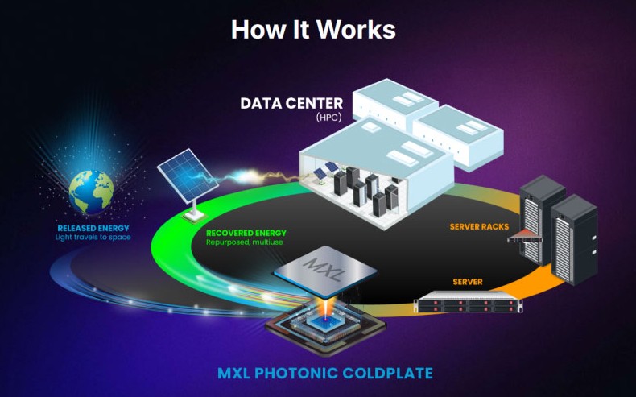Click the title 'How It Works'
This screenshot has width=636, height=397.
coord(313,29)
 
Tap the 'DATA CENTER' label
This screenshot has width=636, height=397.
coord(291,103)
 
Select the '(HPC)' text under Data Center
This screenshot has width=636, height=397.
coord(328,118)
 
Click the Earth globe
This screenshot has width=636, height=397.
coord(91,192)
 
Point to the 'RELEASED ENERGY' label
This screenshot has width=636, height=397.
coord(93,229)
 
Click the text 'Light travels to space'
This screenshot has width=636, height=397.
coord(93,238)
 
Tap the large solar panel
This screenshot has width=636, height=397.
coord(188,176)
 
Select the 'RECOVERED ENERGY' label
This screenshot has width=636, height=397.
coord(246,234)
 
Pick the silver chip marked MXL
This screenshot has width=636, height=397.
coord(325,271)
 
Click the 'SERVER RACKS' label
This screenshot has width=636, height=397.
coord(480,226)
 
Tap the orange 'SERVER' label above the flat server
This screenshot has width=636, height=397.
coord(468,282)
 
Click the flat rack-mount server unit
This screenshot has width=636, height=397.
coord(468,302)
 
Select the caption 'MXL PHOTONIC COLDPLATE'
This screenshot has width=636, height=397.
coord(325,373)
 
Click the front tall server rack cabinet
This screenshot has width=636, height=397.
coord(574,239)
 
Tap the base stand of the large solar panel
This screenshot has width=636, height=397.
coord(194,215)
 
